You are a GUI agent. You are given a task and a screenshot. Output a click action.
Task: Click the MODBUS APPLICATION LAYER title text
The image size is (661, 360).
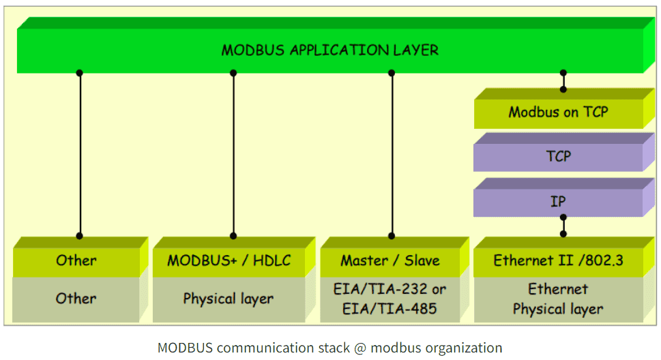(x=329, y=50)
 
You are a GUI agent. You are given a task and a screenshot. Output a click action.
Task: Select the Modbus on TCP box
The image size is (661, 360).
(x=558, y=112)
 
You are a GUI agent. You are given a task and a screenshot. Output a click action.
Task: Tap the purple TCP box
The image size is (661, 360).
(x=558, y=157)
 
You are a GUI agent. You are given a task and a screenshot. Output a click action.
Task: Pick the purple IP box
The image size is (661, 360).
(x=558, y=202)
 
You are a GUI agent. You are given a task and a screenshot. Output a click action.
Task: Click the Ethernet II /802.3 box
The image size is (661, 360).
(x=558, y=260)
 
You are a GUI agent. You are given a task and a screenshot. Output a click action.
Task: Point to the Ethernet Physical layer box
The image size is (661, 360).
(x=558, y=299)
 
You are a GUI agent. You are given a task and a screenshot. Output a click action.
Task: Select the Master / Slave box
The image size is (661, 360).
(x=390, y=260)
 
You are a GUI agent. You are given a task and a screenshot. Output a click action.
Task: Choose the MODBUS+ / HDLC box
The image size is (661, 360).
(x=229, y=260)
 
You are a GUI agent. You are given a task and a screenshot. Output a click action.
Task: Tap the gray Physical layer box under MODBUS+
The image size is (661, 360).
(x=229, y=299)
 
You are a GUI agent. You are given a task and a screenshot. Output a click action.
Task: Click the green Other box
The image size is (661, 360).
(x=76, y=260)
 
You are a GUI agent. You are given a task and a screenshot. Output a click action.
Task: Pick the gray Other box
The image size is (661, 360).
(x=76, y=299)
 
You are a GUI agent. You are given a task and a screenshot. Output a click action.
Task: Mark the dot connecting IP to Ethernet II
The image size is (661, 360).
(x=563, y=217)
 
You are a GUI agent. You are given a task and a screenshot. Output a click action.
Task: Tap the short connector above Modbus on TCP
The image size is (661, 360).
(x=563, y=81)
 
